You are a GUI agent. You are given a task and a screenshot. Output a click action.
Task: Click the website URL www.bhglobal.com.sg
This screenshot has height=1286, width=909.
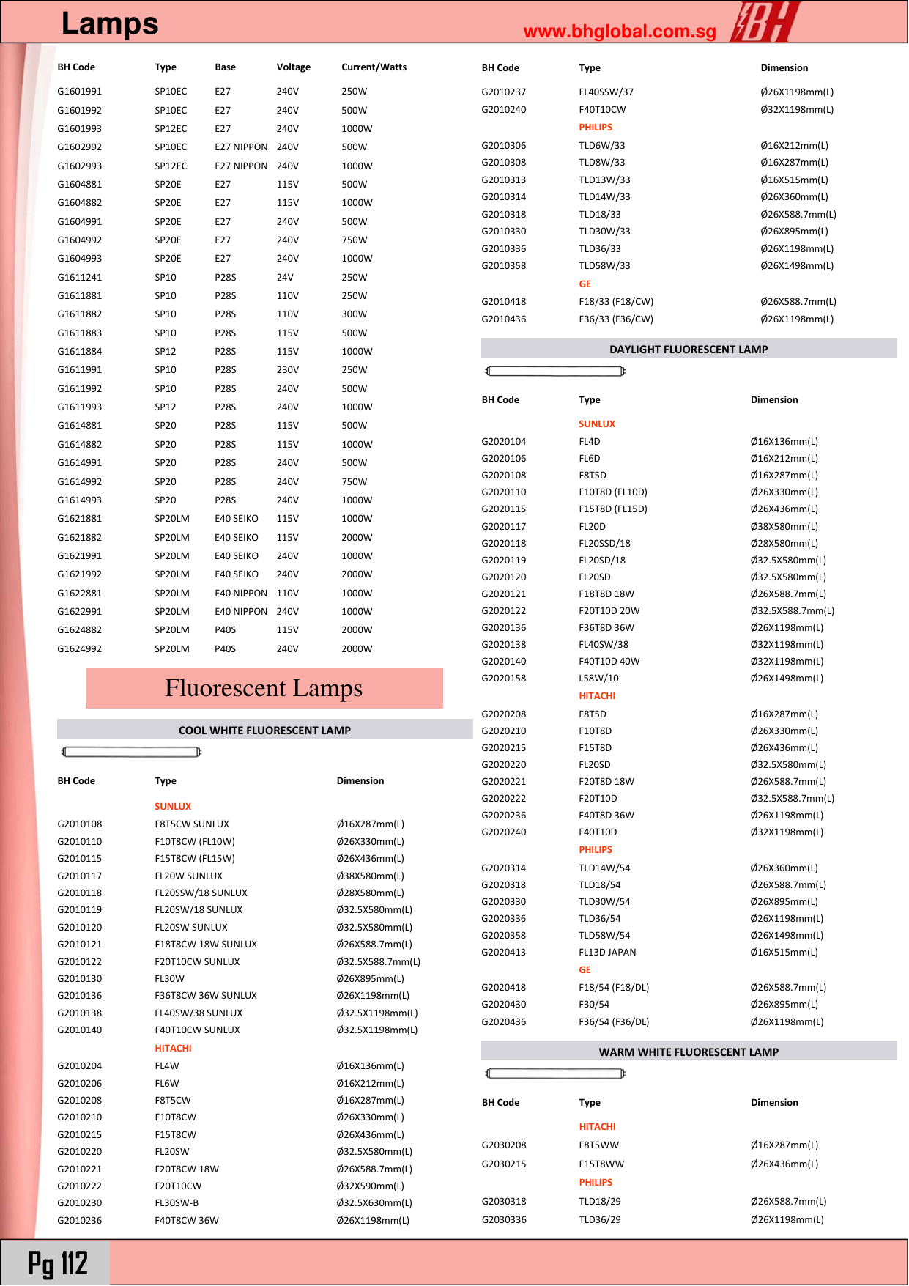click(620, 32)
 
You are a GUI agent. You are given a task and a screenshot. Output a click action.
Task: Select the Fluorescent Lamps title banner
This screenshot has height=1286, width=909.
click(264, 688)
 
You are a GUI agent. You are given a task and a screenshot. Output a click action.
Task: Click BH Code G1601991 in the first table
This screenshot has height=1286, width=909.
click(79, 92)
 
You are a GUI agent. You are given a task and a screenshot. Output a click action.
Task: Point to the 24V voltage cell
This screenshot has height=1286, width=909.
click(285, 278)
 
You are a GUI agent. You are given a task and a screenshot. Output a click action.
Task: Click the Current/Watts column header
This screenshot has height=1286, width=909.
click(374, 67)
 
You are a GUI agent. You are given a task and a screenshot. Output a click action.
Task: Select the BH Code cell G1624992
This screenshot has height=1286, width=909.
click(79, 649)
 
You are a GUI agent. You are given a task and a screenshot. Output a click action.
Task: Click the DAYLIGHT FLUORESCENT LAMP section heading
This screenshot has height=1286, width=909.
click(688, 350)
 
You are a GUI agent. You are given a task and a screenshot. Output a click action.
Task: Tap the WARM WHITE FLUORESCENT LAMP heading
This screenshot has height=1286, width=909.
click(688, 1052)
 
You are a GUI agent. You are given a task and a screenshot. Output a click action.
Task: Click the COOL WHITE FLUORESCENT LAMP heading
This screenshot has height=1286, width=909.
click(264, 731)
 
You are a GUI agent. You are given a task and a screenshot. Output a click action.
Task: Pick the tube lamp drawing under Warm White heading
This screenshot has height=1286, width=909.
click(555, 1073)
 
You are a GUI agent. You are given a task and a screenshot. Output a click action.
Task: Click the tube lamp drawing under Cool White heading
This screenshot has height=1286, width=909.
click(131, 752)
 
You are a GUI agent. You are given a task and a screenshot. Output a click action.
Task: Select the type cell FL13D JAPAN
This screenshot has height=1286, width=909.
click(606, 953)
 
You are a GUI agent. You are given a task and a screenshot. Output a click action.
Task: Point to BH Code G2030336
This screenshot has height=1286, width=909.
click(504, 1220)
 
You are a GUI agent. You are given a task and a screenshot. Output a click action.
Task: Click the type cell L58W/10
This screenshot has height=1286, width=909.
click(598, 679)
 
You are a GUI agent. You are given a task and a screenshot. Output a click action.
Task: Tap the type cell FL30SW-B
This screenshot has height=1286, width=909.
click(176, 1203)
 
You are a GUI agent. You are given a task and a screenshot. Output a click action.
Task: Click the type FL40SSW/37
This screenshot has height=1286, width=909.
click(605, 92)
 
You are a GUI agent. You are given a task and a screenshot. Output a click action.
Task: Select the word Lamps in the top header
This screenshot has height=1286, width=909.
click(110, 23)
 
